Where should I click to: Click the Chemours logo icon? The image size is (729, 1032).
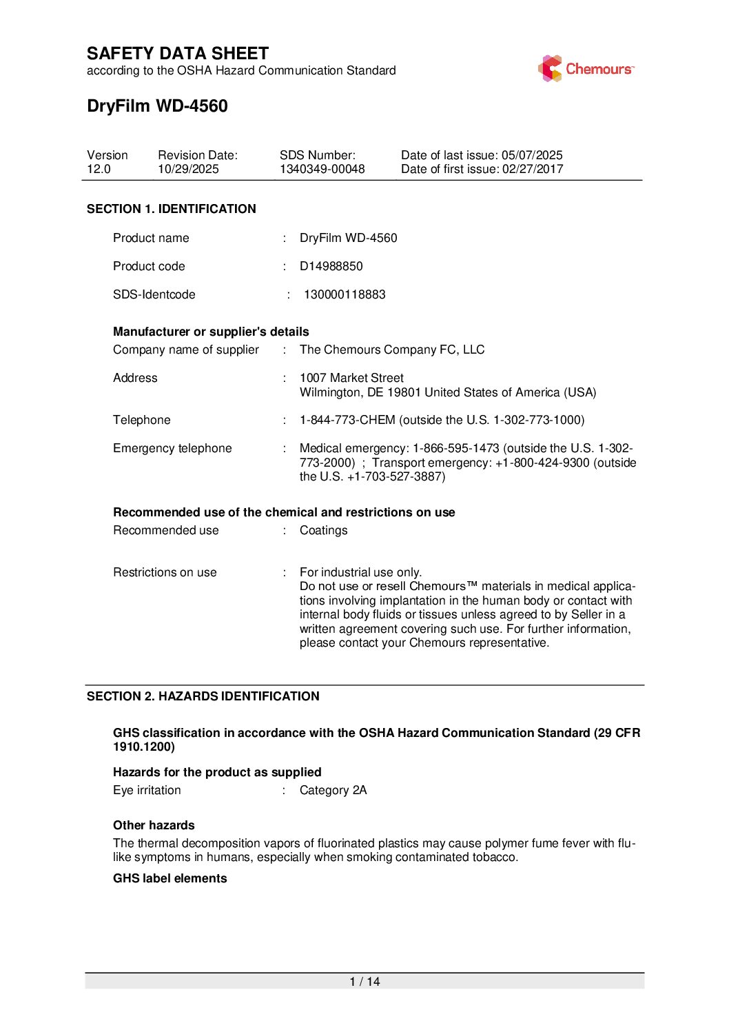tap(551, 69)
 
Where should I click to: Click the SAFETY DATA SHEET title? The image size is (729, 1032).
tap(178, 54)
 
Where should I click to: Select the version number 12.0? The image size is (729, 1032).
tap(99, 170)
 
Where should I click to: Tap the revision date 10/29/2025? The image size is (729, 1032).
tap(188, 170)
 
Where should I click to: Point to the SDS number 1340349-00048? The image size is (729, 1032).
tap(322, 170)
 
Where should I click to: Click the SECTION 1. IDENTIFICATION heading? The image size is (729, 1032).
tap(171, 209)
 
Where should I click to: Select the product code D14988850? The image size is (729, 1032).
tap(331, 266)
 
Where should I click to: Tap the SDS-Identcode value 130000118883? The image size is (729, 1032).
tap(345, 294)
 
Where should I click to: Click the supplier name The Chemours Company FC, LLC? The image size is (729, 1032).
tap(392, 350)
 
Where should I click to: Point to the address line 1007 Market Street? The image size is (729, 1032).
tap(351, 378)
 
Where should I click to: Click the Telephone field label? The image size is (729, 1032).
tap(142, 420)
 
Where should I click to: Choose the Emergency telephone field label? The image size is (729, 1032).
tap(172, 448)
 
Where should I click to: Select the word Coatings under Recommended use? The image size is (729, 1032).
tap(323, 530)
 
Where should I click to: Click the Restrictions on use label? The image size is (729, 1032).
tap(165, 572)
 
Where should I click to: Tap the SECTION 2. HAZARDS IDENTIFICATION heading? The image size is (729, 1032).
tap(203, 696)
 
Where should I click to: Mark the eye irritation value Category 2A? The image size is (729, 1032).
tap(333, 790)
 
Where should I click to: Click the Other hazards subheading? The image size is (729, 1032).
tap(154, 825)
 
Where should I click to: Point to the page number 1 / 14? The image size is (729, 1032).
tap(364, 982)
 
